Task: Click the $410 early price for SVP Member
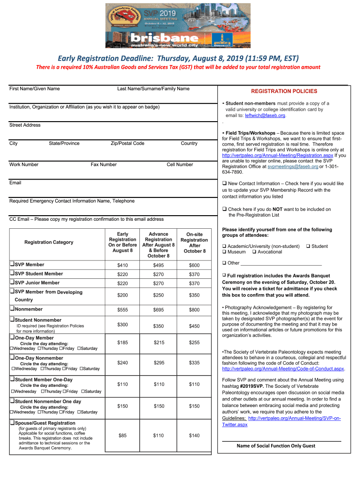[122, 265]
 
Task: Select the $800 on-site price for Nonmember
[194, 310]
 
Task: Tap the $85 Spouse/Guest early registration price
[122, 435]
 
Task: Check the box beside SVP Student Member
[12, 274]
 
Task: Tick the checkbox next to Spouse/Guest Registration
[12, 423]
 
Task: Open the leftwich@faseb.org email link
[261, 116]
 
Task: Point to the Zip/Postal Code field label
[127, 143]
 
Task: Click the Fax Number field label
[103, 164]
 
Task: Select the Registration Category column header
[49, 242]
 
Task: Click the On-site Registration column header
[194, 243]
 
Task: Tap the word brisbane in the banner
[158, 37]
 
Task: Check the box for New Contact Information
[224, 184]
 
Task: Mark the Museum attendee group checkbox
[224, 252]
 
